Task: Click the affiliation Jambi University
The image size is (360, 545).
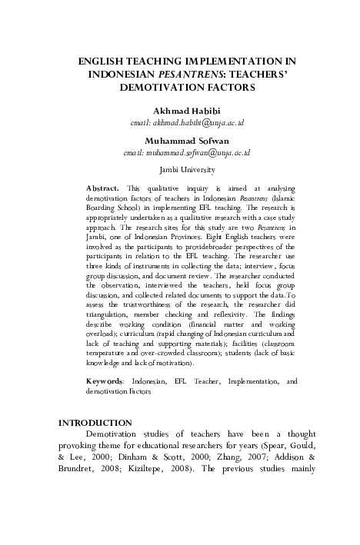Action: click(x=186, y=168)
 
